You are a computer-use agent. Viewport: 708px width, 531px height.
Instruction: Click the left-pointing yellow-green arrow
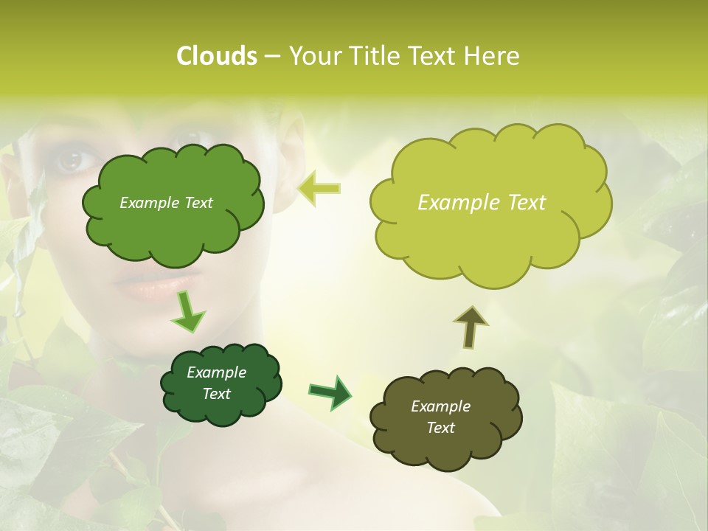coord(319,188)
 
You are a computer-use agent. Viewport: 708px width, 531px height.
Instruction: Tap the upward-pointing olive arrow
coord(470,327)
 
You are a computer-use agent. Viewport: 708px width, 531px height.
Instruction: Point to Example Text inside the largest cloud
coord(482,203)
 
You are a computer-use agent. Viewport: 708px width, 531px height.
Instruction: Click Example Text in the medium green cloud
coord(166,203)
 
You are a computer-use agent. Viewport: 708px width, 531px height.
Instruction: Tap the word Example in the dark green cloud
coord(216,372)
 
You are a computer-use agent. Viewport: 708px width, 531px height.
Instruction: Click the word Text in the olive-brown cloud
coord(440,428)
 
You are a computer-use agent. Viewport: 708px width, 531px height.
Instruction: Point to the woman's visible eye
coord(72,159)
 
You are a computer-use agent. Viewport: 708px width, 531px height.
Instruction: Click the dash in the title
coord(271,57)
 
